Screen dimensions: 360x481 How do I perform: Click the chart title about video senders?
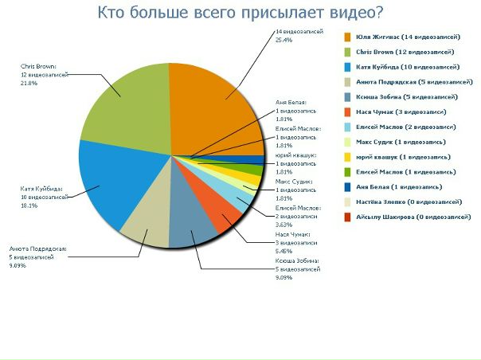tap(240, 13)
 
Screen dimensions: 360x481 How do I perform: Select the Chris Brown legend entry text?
tap(407, 52)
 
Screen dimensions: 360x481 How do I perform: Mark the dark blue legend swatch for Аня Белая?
tap(348, 186)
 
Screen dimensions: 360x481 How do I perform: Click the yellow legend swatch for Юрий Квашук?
tap(348, 157)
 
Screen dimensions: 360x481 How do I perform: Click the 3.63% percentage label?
tap(284, 223)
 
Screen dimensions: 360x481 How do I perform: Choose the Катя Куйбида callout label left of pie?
tap(40, 189)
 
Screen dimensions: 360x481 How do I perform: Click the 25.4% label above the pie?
tap(284, 39)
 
